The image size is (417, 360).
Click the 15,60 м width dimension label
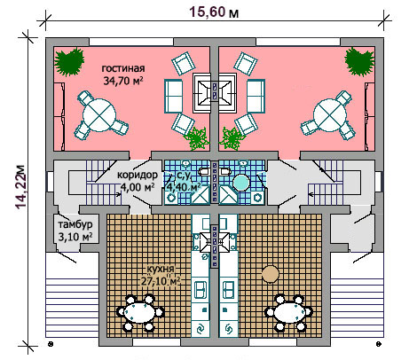point(214,12)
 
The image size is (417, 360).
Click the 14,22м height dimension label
point(21,186)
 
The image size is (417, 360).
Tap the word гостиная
point(123,68)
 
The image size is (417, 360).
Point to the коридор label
point(138,175)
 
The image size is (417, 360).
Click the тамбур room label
point(75,224)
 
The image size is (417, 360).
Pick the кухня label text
point(161,270)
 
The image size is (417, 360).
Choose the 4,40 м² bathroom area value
point(184,187)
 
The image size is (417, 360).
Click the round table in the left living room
point(98,115)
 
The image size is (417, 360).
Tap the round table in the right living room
point(330,115)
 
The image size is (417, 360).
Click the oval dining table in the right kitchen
point(289,312)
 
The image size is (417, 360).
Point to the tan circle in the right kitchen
point(271,274)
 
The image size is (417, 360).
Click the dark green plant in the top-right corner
point(359,61)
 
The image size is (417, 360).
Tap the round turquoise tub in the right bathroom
point(242,183)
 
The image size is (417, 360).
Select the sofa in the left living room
point(174,96)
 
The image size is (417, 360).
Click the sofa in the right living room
point(256,96)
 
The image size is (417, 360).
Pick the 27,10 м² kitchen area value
point(161,281)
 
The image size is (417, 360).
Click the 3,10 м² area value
point(75,237)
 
